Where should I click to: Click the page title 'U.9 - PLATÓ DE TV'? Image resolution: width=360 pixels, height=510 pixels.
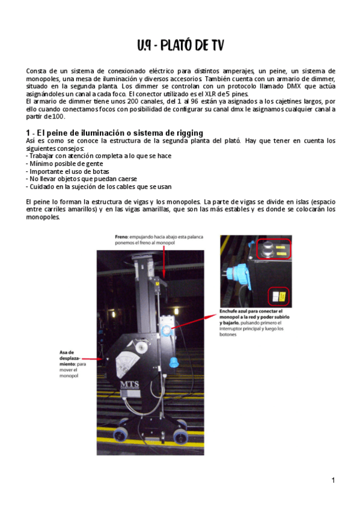180,46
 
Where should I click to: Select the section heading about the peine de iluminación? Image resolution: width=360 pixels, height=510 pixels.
114,132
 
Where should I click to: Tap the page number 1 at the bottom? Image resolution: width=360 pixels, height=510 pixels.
332,480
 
